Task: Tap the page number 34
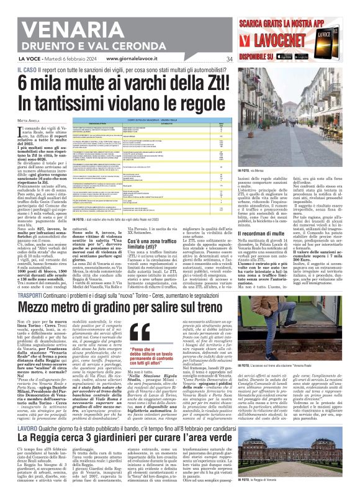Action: pyautogui.click(x=229, y=60)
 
